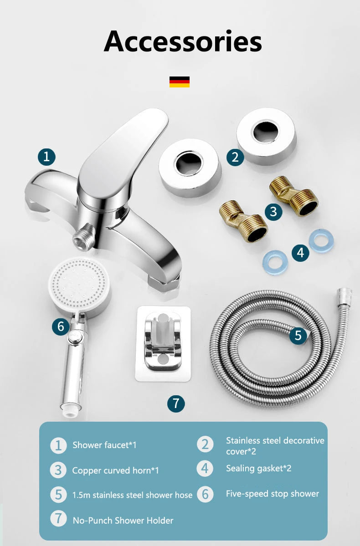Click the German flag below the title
(180, 82)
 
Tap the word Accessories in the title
(183, 41)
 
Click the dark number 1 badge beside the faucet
(46, 157)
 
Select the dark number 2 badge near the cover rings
(235, 157)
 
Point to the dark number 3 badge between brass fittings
(273, 211)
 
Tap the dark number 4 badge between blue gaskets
(301, 252)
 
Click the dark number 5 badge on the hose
(298, 335)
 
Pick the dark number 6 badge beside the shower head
(61, 327)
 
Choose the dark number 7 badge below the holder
(176, 403)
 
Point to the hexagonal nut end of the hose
(345, 296)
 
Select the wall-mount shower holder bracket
(163, 343)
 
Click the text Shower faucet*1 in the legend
(104, 445)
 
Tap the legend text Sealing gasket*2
(258, 469)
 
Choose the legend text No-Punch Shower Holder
(123, 520)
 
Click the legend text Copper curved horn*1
(115, 471)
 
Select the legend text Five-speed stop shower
(273, 494)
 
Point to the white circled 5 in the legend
(58, 495)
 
